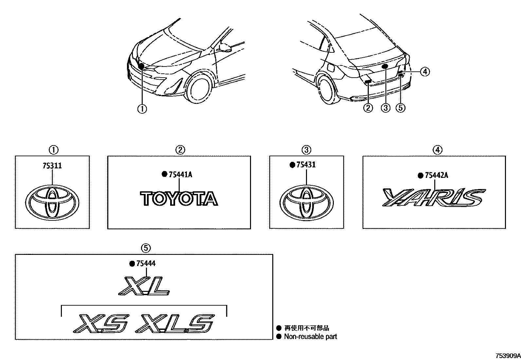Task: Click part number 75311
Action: click(x=52, y=166)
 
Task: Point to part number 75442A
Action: click(x=436, y=176)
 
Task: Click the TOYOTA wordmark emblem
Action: click(x=179, y=199)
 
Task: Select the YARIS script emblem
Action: click(x=434, y=198)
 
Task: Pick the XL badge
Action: click(x=144, y=286)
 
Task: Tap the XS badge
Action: click(x=101, y=324)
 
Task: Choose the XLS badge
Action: click(x=176, y=324)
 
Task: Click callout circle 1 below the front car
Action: click(x=142, y=109)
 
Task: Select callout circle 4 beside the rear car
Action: click(x=424, y=71)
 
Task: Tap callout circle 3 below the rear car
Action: click(x=386, y=108)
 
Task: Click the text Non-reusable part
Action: click(x=310, y=336)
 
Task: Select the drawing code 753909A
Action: click(x=507, y=356)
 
